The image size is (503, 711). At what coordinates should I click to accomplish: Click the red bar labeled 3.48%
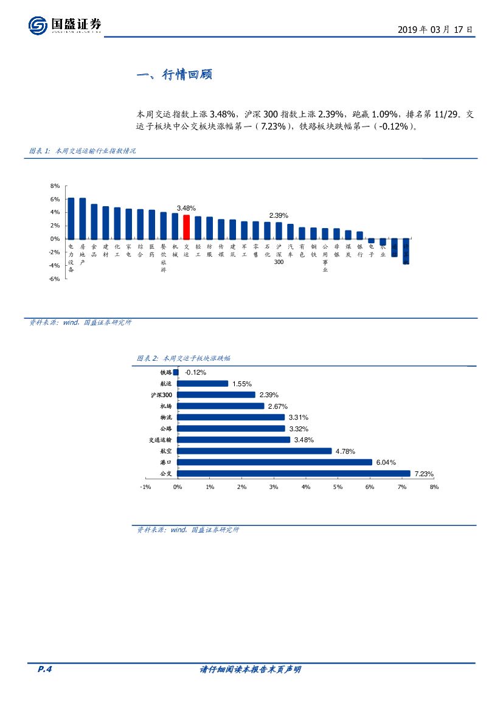[x=187, y=226]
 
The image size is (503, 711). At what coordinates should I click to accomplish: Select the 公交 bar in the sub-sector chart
[x=294, y=473]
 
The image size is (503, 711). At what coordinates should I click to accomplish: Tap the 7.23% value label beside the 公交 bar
[x=424, y=474]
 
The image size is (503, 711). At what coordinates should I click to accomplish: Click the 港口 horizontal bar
[x=274, y=462]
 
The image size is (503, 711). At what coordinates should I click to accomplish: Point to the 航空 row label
[x=165, y=451]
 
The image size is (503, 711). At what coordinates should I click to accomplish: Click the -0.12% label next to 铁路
[x=196, y=372]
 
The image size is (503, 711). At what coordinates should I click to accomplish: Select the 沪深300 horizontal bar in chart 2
[x=216, y=395]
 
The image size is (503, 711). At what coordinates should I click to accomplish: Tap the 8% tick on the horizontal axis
[x=434, y=487]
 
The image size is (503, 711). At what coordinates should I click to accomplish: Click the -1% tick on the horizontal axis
[x=145, y=487]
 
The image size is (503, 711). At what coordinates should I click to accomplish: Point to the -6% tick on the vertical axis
[x=55, y=279]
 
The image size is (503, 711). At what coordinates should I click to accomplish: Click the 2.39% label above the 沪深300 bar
[x=279, y=215]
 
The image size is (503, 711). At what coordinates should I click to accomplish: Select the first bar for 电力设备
[x=71, y=218]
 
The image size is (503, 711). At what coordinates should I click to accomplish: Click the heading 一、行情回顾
[x=174, y=75]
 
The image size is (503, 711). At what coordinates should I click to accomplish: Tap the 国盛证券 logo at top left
[x=65, y=25]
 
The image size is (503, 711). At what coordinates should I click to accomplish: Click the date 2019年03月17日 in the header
[x=434, y=29]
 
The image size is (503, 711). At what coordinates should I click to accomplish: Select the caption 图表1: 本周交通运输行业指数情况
[x=82, y=151]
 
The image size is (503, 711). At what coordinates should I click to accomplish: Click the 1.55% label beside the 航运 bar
[x=241, y=384]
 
